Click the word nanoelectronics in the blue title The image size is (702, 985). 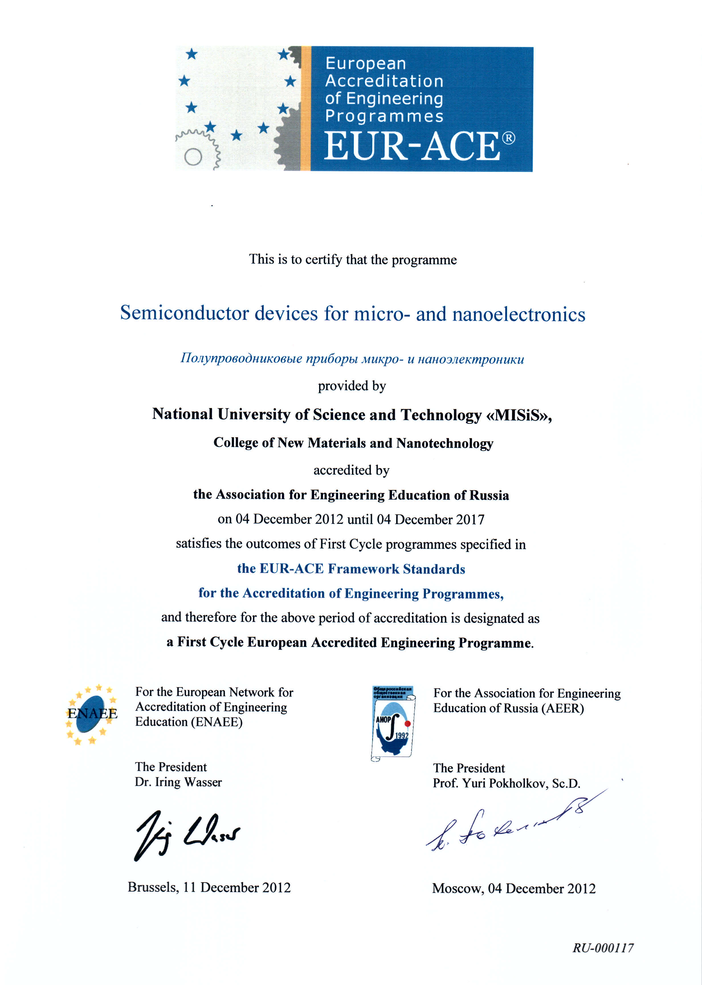point(519,314)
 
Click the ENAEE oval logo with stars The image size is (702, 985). point(92,714)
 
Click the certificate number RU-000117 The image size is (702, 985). point(603,948)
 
